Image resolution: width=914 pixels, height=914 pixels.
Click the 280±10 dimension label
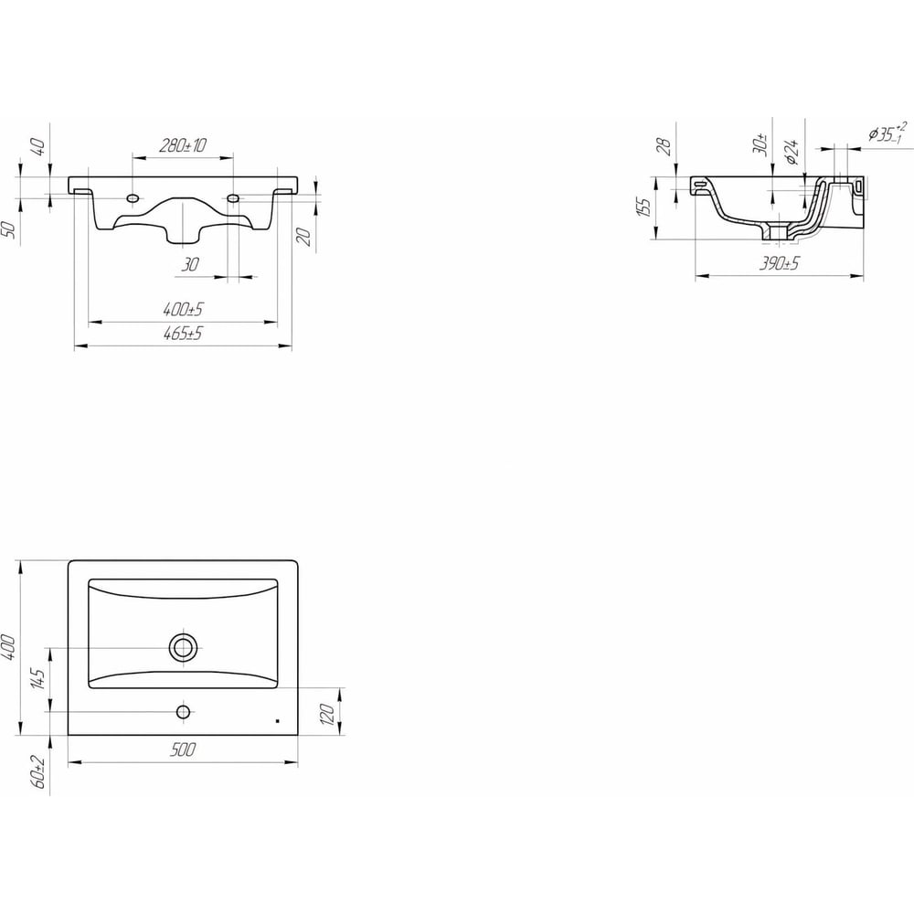183,145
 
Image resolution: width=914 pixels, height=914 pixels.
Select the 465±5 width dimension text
183,334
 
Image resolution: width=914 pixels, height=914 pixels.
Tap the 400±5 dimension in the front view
183,309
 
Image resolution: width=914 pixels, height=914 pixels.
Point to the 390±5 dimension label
779,264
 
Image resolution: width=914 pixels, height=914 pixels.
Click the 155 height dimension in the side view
643,207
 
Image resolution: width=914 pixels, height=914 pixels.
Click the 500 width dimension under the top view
183,749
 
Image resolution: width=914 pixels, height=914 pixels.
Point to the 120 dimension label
327,714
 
